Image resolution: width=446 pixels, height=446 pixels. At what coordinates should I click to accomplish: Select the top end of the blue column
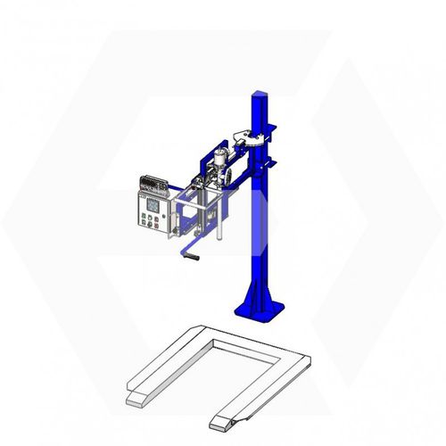[260, 94]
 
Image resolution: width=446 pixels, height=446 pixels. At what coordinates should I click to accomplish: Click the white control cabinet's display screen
[153, 202]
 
